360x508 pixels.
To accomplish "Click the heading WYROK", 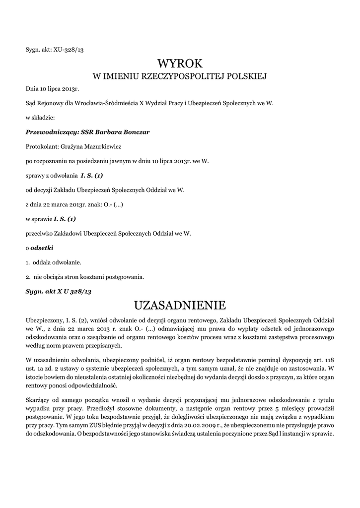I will [180, 63].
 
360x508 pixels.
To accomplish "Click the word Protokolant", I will [41, 146].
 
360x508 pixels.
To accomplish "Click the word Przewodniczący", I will [48, 132].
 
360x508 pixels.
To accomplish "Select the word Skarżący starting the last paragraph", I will [39, 399].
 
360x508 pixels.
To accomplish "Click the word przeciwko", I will [40, 233].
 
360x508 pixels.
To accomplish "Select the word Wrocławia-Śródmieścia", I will [100, 103].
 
